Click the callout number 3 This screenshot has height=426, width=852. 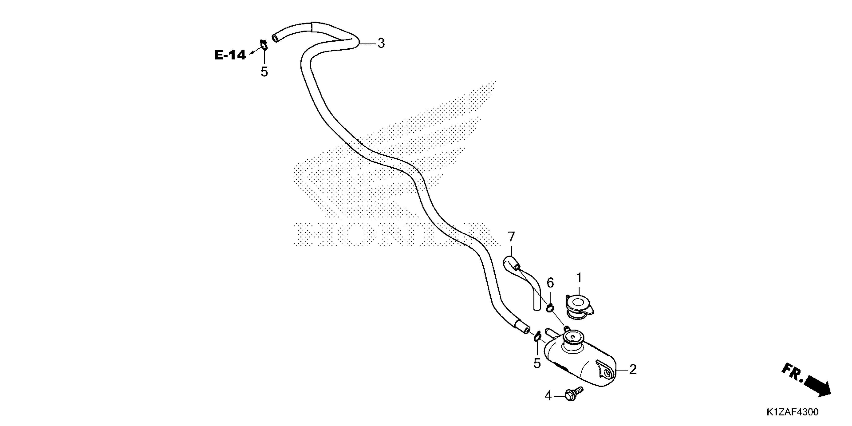click(x=381, y=43)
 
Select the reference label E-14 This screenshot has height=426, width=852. click(x=230, y=55)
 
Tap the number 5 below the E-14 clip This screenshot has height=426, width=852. click(x=264, y=71)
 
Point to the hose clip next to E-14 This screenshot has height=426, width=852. click(x=264, y=44)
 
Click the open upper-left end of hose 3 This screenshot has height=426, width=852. click(x=275, y=39)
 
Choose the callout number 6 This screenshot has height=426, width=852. click(x=550, y=282)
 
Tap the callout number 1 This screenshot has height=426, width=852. click(x=579, y=278)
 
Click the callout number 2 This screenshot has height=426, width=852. click(x=632, y=369)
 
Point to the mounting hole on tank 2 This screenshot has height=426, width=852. click(x=607, y=373)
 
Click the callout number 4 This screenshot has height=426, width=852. click(x=548, y=395)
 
